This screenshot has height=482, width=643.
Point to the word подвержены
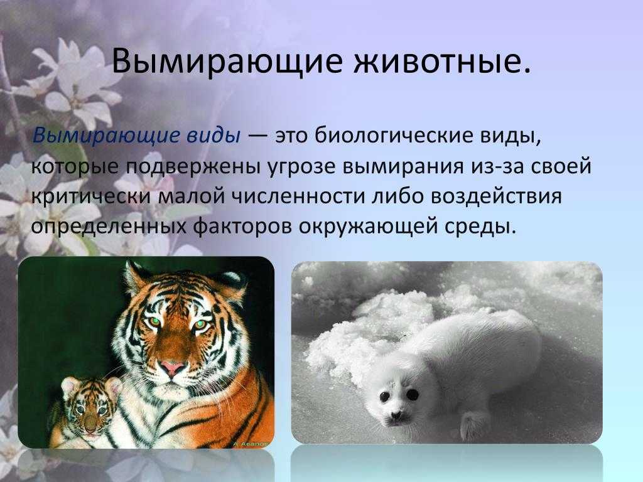(x=191, y=166)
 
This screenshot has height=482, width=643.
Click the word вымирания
(x=403, y=167)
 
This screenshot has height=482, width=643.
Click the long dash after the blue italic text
(x=257, y=136)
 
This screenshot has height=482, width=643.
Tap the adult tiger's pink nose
(x=172, y=367)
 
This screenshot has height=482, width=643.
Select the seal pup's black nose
(x=396, y=415)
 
